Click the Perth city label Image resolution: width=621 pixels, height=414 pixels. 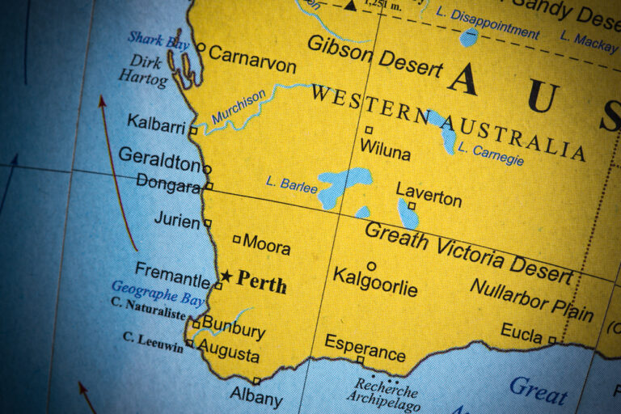click(x=261, y=282)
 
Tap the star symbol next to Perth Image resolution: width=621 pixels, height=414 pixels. click(x=226, y=277)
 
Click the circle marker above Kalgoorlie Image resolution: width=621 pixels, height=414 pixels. click(x=371, y=265)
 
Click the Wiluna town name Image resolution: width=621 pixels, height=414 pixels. click(x=385, y=150)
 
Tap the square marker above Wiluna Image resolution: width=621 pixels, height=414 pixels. click(x=369, y=129)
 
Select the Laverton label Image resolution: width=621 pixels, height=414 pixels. click(x=429, y=194)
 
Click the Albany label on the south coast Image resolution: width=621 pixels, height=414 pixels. click(x=256, y=398)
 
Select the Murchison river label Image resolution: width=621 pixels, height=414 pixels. click(x=239, y=107)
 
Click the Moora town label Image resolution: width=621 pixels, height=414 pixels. click(x=266, y=243)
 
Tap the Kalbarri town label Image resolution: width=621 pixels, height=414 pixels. click(x=156, y=123)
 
